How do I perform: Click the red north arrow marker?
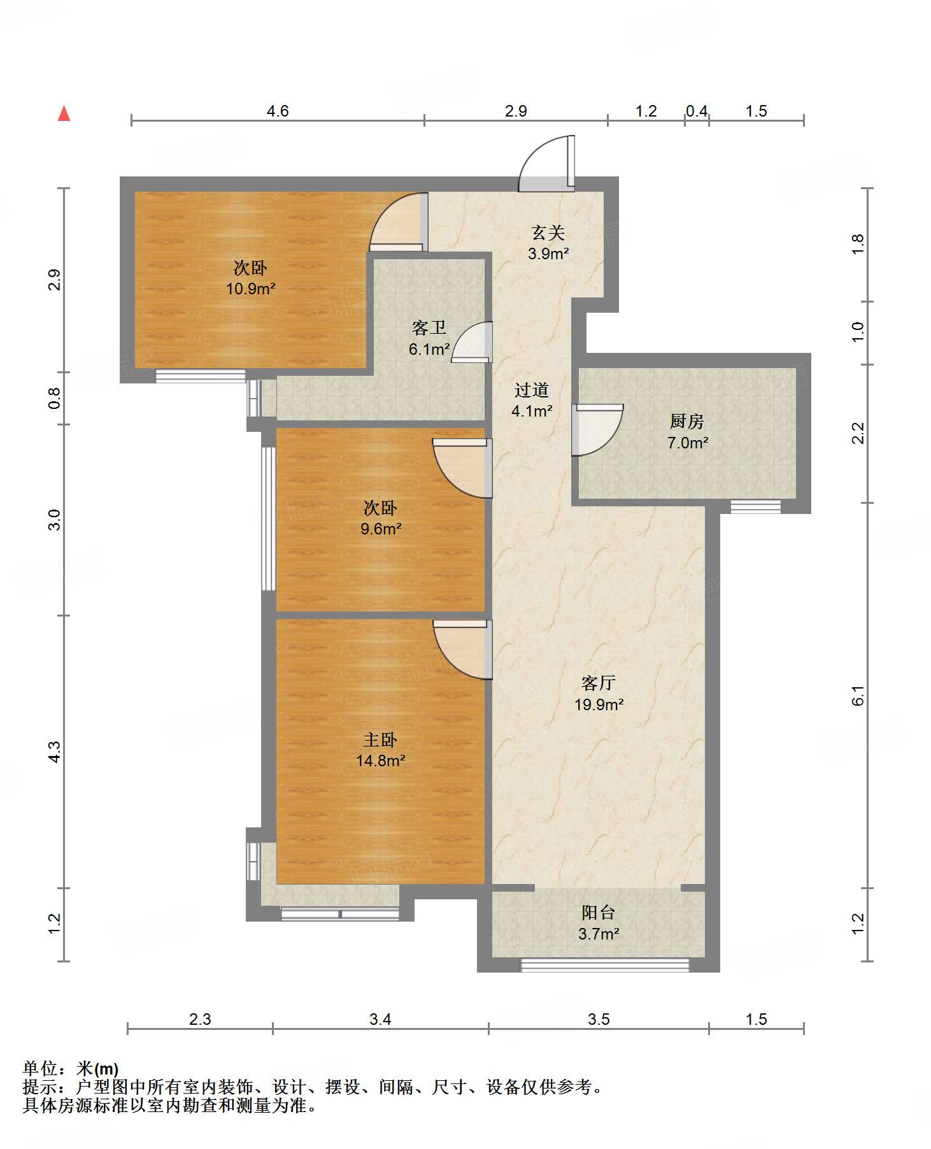click(64, 113)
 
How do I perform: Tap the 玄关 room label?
click(548, 233)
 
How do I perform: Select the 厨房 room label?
click(686, 422)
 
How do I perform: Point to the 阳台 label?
click(599, 913)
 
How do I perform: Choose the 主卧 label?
click(380, 739)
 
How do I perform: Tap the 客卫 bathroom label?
click(429, 328)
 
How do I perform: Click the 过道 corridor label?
click(532, 390)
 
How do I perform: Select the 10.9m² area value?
click(251, 289)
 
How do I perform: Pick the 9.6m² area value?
click(381, 529)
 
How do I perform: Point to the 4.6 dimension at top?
click(278, 111)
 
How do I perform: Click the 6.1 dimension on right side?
click(858, 696)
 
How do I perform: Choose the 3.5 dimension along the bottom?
click(599, 1020)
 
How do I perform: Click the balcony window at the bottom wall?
click(605, 965)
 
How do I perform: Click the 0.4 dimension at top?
click(697, 111)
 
